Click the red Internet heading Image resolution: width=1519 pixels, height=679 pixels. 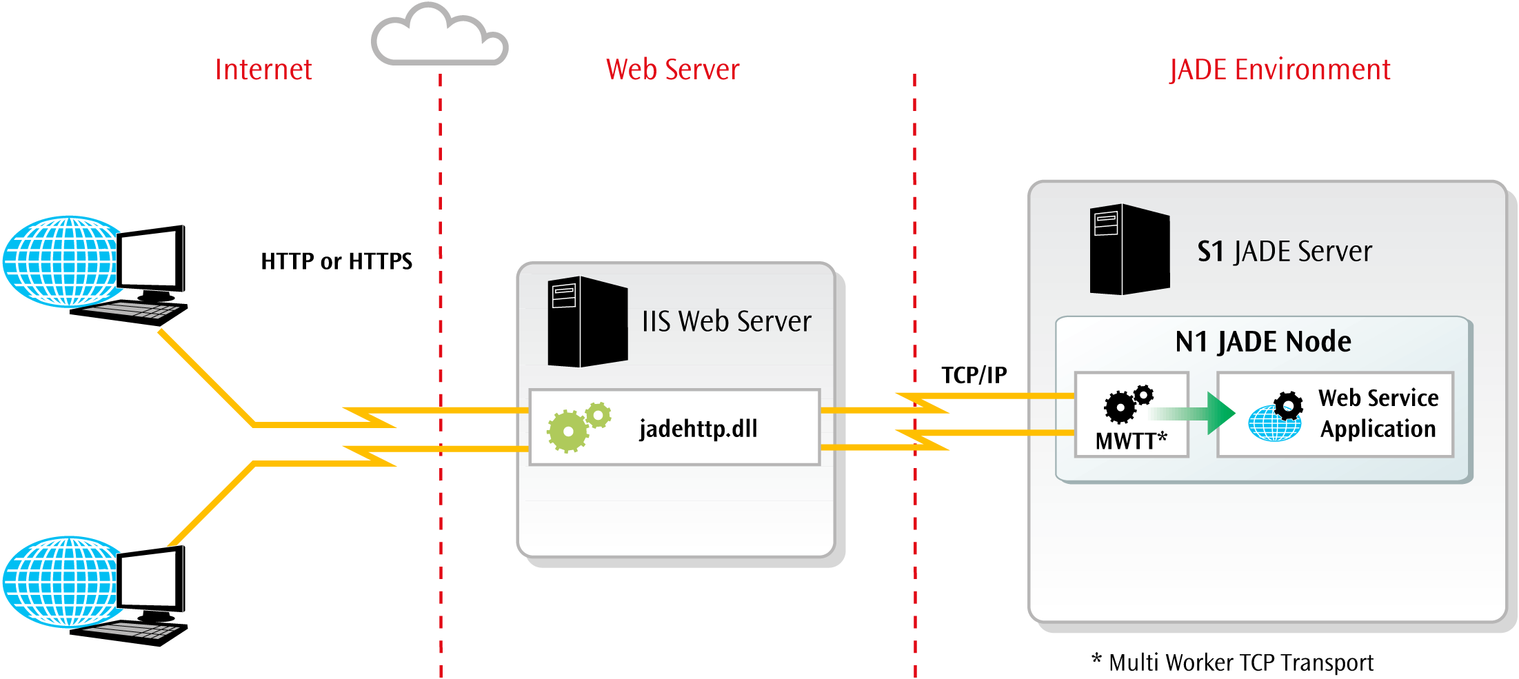click(x=263, y=70)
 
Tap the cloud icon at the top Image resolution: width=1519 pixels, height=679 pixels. click(x=439, y=36)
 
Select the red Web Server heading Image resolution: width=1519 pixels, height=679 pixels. click(x=672, y=70)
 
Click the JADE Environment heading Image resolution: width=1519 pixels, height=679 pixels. click(x=1280, y=70)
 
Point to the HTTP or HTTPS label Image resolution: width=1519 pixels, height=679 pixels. click(x=336, y=261)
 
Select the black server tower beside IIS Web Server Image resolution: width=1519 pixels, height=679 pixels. click(x=587, y=321)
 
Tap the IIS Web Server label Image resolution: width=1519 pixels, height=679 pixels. click(x=727, y=321)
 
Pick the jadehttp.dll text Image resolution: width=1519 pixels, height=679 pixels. click(x=698, y=429)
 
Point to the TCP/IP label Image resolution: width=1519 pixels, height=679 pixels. click(x=974, y=375)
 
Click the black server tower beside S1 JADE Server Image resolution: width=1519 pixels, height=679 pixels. click(x=1129, y=250)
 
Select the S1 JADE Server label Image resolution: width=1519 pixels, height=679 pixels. click(x=1285, y=252)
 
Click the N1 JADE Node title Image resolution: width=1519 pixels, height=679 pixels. click(x=1263, y=342)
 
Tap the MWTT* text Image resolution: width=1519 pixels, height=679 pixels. click(x=1131, y=440)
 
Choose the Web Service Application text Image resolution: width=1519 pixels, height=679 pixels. click(x=1378, y=414)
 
